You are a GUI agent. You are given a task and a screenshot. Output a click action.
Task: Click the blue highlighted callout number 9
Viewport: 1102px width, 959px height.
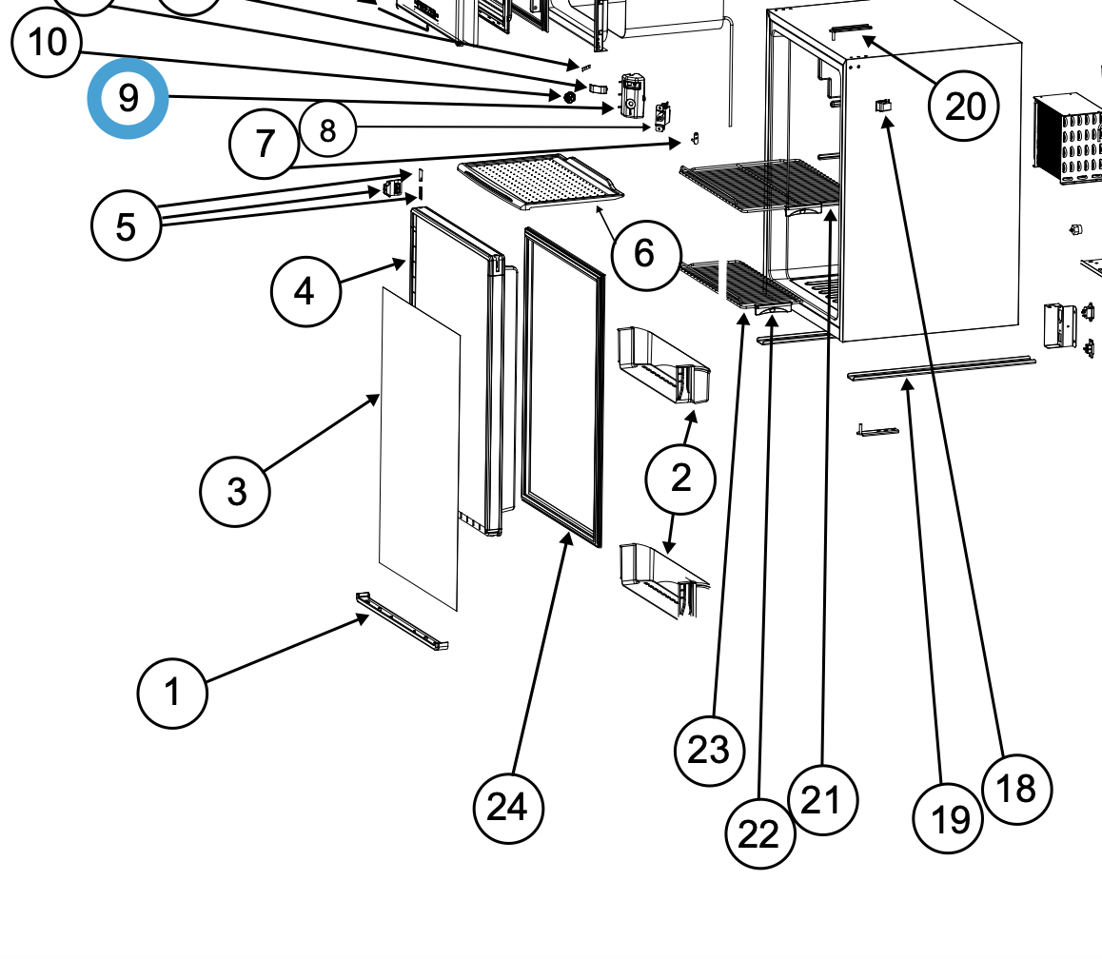pyautogui.click(x=128, y=98)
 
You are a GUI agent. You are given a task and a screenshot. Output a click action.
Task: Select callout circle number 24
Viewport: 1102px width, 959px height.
pyautogui.click(x=508, y=808)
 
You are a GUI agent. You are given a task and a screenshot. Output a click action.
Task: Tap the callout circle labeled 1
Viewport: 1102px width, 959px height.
pyautogui.click(x=172, y=693)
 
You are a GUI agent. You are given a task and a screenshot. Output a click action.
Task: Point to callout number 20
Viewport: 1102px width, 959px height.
pyautogui.click(x=964, y=107)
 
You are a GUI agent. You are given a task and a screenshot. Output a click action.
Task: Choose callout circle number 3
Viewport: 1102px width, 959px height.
pyautogui.click(x=235, y=491)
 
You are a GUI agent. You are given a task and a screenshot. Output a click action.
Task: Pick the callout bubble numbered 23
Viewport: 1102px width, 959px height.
pyautogui.click(x=709, y=751)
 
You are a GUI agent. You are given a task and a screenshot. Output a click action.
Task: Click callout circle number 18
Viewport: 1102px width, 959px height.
pyautogui.click(x=1016, y=789)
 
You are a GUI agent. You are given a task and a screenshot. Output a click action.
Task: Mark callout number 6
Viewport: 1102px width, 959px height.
pyautogui.click(x=646, y=254)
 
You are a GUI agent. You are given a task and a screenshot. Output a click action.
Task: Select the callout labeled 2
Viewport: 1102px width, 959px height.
pyautogui.click(x=680, y=479)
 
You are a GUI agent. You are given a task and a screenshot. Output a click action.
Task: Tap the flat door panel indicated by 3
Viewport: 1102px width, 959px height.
pyautogui.click(x=420, y=448)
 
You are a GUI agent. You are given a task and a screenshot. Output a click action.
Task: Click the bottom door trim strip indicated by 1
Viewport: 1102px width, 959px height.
pyautogui.click(x=402, y=622)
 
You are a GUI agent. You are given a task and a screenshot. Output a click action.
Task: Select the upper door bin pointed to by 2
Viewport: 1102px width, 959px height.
pyautogui.click(x=662, y=364)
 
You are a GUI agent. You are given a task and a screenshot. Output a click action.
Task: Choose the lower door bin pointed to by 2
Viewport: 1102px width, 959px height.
pyautogui.click(x=663, y=579)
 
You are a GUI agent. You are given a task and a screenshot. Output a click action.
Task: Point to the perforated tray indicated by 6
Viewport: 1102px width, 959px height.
pyautogui.click(x=540, y=182)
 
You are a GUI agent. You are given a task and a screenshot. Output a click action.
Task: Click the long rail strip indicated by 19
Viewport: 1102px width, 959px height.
pyautogui.click(x=941, y=369)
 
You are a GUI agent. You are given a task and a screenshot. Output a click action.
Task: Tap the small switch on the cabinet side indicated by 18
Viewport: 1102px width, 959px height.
pyautogui.click(x=883, y=106)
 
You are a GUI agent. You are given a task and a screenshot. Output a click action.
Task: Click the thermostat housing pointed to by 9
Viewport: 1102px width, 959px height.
pyautogui.click(x=631, y=95)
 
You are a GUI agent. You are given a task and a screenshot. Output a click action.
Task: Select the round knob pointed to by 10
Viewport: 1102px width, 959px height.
pyautogui.click(x=569, y=95)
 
